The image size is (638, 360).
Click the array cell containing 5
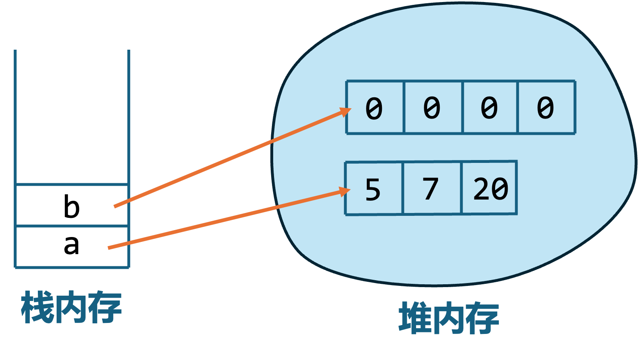point(373,189)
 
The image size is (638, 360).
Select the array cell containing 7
point(431,189)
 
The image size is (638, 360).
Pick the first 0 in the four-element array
point(374,108)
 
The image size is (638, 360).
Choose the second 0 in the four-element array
point(432,108)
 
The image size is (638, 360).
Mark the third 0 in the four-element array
point(489,108)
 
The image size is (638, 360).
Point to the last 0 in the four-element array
point(546,108)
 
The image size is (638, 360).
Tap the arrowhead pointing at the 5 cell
point(345,192)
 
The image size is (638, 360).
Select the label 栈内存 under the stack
point(71,307)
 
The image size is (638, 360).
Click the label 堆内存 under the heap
point(449,318)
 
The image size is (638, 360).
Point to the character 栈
point(37,307)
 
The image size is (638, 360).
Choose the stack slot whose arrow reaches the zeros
point(71,205)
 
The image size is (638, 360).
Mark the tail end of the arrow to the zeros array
point(115,206)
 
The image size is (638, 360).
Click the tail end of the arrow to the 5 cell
point(109,248)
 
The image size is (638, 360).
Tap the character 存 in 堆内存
point(482,318)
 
